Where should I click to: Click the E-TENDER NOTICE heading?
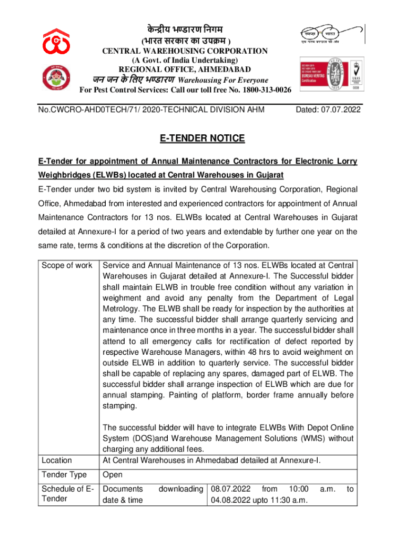[x=202, y=138]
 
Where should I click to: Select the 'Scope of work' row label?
[x=67, y=265]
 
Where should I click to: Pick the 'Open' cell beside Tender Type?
[x=113, y=475]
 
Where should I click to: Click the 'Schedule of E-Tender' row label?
[x=67, y=494]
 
